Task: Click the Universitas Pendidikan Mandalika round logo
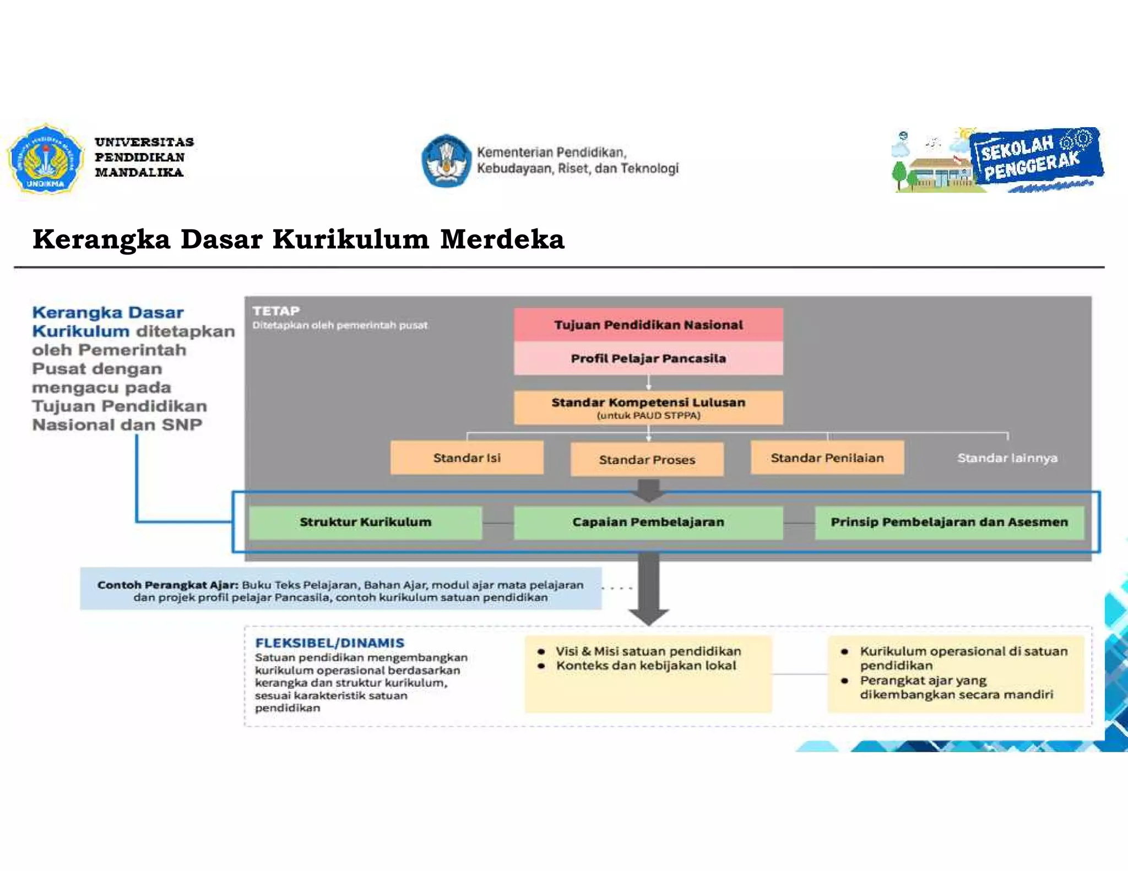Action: tap(45, 159)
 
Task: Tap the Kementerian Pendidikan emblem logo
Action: tap(447, 160)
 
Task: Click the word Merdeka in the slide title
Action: tap(502, 239)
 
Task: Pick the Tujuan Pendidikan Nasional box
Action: tap(648, 325)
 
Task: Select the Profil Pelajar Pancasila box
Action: tap(648, 358)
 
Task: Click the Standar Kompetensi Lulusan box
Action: tap(648, 407)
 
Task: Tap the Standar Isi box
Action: tap(467, 458)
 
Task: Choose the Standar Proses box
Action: tap(647, 459)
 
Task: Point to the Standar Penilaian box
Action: tap(827, 458)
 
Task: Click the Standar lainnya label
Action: tap(1007, 458)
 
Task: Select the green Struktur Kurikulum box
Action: tap(366, 522)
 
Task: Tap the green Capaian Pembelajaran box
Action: tap(648, 522)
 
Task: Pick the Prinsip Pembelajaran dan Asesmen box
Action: tap(950, 522)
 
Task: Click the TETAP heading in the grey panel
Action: tap(276, 311)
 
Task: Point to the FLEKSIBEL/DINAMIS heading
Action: tap(330, 643)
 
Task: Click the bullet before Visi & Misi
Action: tap(541, 652)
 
